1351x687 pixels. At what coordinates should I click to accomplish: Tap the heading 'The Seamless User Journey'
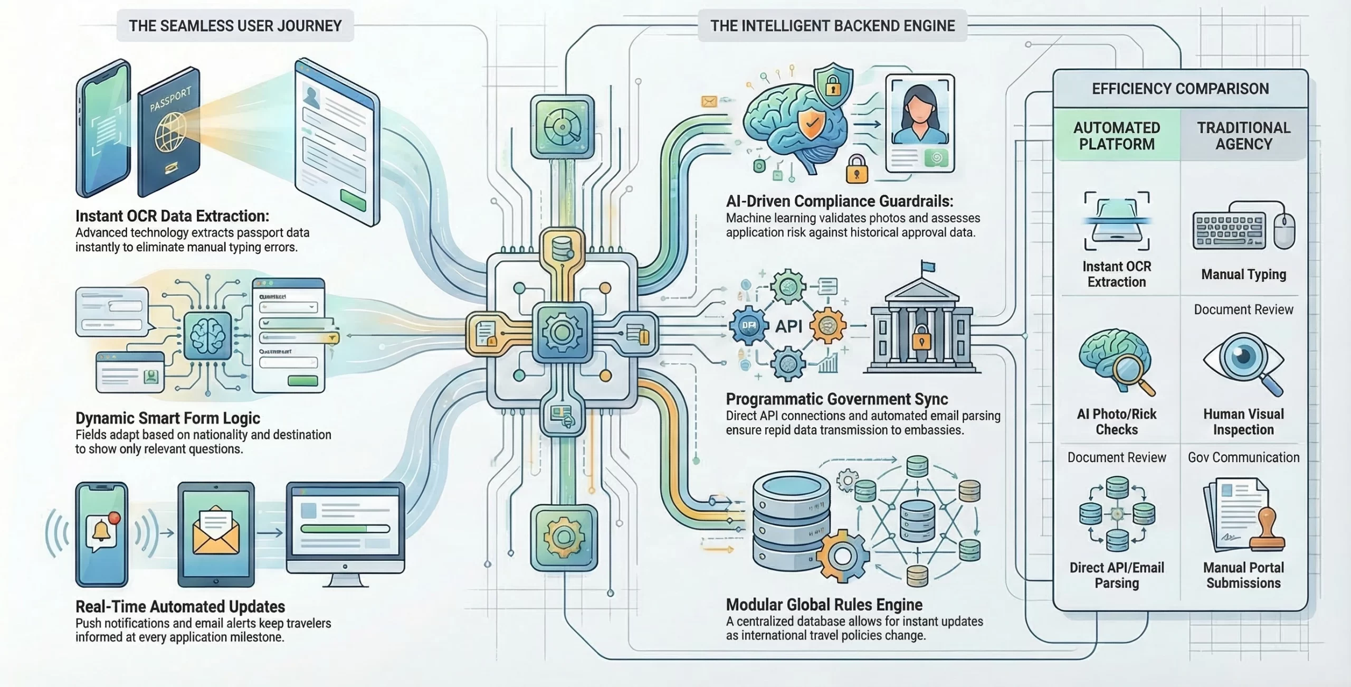[x=235, y=25]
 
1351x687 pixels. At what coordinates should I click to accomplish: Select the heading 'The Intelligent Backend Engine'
[x=832, y=25]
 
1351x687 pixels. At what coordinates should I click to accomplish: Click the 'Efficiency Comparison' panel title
[x=1180, y=88]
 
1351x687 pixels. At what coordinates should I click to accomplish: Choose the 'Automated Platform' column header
[x=1117, y=136]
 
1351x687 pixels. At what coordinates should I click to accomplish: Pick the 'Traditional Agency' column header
[x=1243, y=136]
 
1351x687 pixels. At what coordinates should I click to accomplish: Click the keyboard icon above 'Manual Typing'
[x=1229, y=231]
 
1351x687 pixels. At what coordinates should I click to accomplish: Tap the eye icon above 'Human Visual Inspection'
[x=1243, y=359]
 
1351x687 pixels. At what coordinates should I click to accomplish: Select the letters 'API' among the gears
[x=788, y=326]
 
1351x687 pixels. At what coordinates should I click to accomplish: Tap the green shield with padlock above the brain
[x=833, y=84]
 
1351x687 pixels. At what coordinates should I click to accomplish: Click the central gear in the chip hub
[x=562, y=332]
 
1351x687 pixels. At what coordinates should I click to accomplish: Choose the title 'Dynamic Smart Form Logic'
[x=168, y=418]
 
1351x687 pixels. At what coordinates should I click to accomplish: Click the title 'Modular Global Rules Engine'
[x=824, y=604]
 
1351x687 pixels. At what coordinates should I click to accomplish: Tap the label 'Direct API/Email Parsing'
[x=1117, y=575]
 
